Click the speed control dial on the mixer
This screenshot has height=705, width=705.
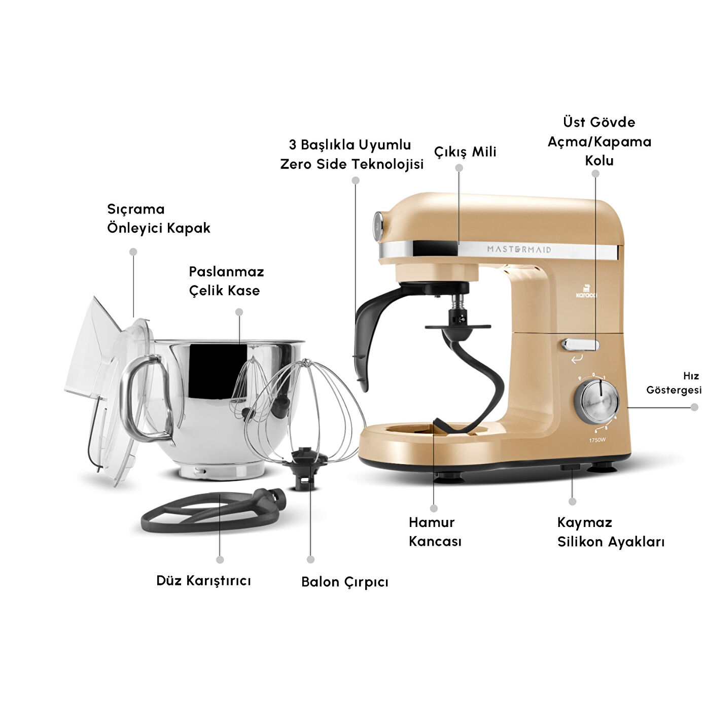pos(597,401)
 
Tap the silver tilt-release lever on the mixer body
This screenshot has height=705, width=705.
pos(580,345)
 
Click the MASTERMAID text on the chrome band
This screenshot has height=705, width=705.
pos(519,249)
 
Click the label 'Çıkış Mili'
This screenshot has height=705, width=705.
pos(465,152)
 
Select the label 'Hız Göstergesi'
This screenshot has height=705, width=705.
pos(674,383)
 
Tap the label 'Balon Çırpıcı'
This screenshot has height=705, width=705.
pos(344,582)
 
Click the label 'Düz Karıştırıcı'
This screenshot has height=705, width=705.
pos(203,580)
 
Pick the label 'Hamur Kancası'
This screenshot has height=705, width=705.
pos(435,532)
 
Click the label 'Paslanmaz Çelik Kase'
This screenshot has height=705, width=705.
pos(226,281)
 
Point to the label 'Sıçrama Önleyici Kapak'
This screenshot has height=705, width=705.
pos(158,219)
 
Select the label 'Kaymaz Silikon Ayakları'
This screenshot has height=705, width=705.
pos(610,532)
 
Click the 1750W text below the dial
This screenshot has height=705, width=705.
pos(597,440)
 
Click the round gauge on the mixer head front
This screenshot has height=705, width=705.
pos(378,226)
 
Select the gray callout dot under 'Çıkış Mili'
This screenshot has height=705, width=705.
pos(459,168)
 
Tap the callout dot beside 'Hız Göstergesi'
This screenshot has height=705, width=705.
pos(694,407)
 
